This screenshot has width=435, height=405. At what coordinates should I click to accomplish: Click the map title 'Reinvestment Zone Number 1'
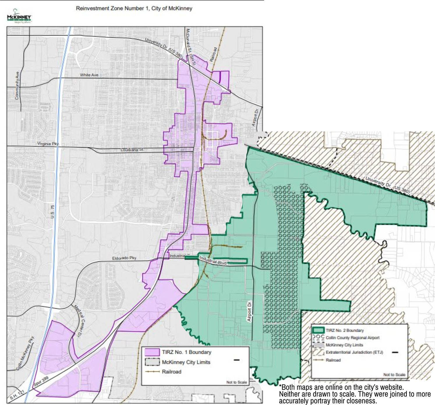pyautogui.click(x=134, y=8)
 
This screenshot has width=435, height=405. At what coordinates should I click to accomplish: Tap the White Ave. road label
pyautogui.click(x=89, y=75)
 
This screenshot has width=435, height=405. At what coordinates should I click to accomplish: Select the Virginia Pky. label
pyautogui.click(x=48, y=144)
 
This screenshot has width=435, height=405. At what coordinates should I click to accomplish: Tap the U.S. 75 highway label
pyautogui.click(x=52, y=211)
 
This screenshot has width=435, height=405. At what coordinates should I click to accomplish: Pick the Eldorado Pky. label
pyautogui.click(x=124, y=258)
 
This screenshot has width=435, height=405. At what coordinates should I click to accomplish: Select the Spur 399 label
pyautogui.click(x=41, y=382)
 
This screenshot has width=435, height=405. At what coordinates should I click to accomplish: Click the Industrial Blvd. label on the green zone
pyautogui.click(x=213, y=260)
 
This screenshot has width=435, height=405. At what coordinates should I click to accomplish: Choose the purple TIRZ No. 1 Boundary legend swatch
pyautogui.click(x=152, y=352)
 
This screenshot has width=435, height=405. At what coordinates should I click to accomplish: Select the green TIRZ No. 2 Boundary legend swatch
pyautogui.click(x=318, y=330)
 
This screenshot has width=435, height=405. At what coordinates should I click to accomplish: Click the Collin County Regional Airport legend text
pyautogui.click(x=352, y=338)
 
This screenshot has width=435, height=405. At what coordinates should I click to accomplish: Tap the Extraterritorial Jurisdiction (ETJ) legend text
pyautogui.click(x=354, y=352)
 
